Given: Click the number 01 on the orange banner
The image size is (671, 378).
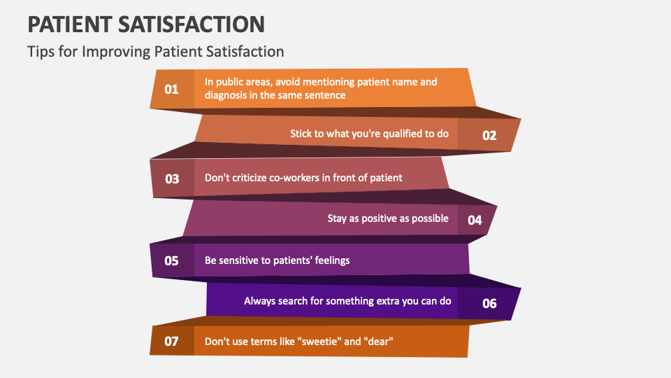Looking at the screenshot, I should click(171, 89).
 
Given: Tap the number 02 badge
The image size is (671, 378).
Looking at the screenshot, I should click(489, 135).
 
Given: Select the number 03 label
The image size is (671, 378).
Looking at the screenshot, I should click(172, 178).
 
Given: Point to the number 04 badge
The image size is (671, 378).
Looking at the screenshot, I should click(475, 220).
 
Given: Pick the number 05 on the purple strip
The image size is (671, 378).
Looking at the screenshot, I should click(171, 260).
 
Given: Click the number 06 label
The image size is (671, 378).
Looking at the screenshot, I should click(489, 303).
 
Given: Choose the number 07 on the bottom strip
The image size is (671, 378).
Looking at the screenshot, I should click(171, 342).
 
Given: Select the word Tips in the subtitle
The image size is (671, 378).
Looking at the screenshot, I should click(39, 52).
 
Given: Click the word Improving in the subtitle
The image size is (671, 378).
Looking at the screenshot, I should click(106, 52).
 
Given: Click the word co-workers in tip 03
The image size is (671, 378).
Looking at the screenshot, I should click(287, 178).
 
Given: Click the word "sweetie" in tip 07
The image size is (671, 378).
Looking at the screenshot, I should click(322, 342).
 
